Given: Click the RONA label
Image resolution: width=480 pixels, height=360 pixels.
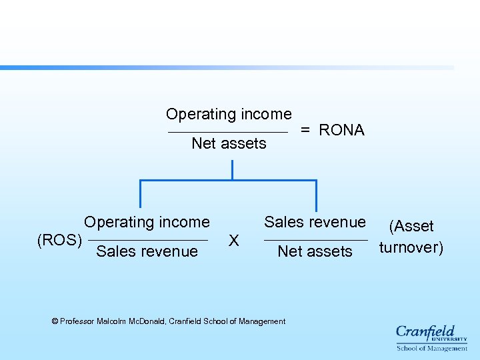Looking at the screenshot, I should point(341,130).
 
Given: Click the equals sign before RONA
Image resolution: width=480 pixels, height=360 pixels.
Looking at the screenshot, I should point(305,130).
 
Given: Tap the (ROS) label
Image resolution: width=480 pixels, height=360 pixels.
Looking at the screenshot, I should point(60,239).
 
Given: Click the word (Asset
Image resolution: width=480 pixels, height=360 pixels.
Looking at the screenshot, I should point(411,227).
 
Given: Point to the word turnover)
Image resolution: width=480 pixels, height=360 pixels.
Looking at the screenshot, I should point(411,248).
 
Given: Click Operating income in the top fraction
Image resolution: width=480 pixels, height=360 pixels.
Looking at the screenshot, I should point(229,114).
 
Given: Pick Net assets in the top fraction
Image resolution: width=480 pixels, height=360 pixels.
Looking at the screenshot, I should point(229,143).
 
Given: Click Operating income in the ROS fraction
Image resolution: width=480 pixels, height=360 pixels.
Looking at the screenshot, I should point(147,222).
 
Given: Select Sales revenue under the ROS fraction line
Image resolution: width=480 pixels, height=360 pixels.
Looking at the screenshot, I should point(147,251).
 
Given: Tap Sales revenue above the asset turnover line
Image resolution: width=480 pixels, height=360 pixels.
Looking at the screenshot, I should point(315,222).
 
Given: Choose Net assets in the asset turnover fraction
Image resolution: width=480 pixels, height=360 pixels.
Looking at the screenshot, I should point(315,251).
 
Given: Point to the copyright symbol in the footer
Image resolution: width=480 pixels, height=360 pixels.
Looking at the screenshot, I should point(55,321).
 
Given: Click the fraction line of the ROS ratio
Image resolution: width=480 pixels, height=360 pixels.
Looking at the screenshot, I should point(147,239).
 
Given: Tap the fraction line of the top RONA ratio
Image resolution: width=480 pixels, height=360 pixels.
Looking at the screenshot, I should point(228,131).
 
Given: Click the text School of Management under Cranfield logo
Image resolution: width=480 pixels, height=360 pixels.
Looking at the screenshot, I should point(432,348).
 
